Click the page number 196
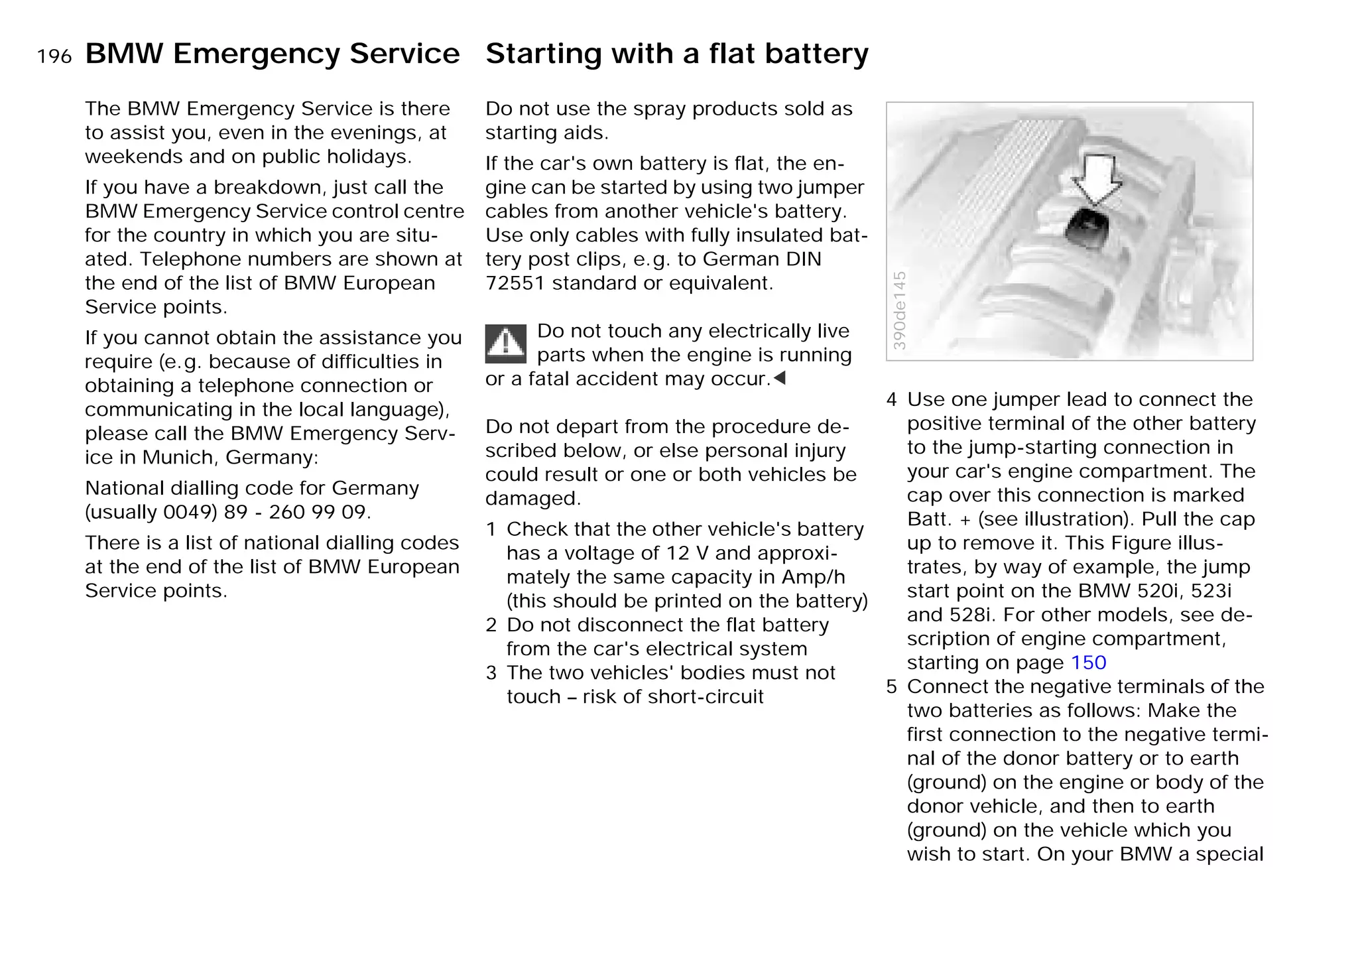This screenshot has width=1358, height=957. tap(54, 57)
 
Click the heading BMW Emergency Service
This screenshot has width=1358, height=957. tap(272, 54)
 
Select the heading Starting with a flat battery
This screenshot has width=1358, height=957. tap(676, 54)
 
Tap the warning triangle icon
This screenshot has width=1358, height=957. tap(505, 344)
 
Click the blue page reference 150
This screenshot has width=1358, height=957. tap(1088, 663)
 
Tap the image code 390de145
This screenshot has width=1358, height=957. tap(899, 310)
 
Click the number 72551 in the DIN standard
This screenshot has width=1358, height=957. tap(515, 283)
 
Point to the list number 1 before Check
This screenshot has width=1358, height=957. tap(491, 529)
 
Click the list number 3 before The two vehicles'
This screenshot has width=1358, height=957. tap(491, 673)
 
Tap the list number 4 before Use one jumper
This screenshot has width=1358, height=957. tap(892, 400)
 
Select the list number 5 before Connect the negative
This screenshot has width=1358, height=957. tap(892, 687)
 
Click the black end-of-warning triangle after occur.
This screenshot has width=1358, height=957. tap(780, 379)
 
